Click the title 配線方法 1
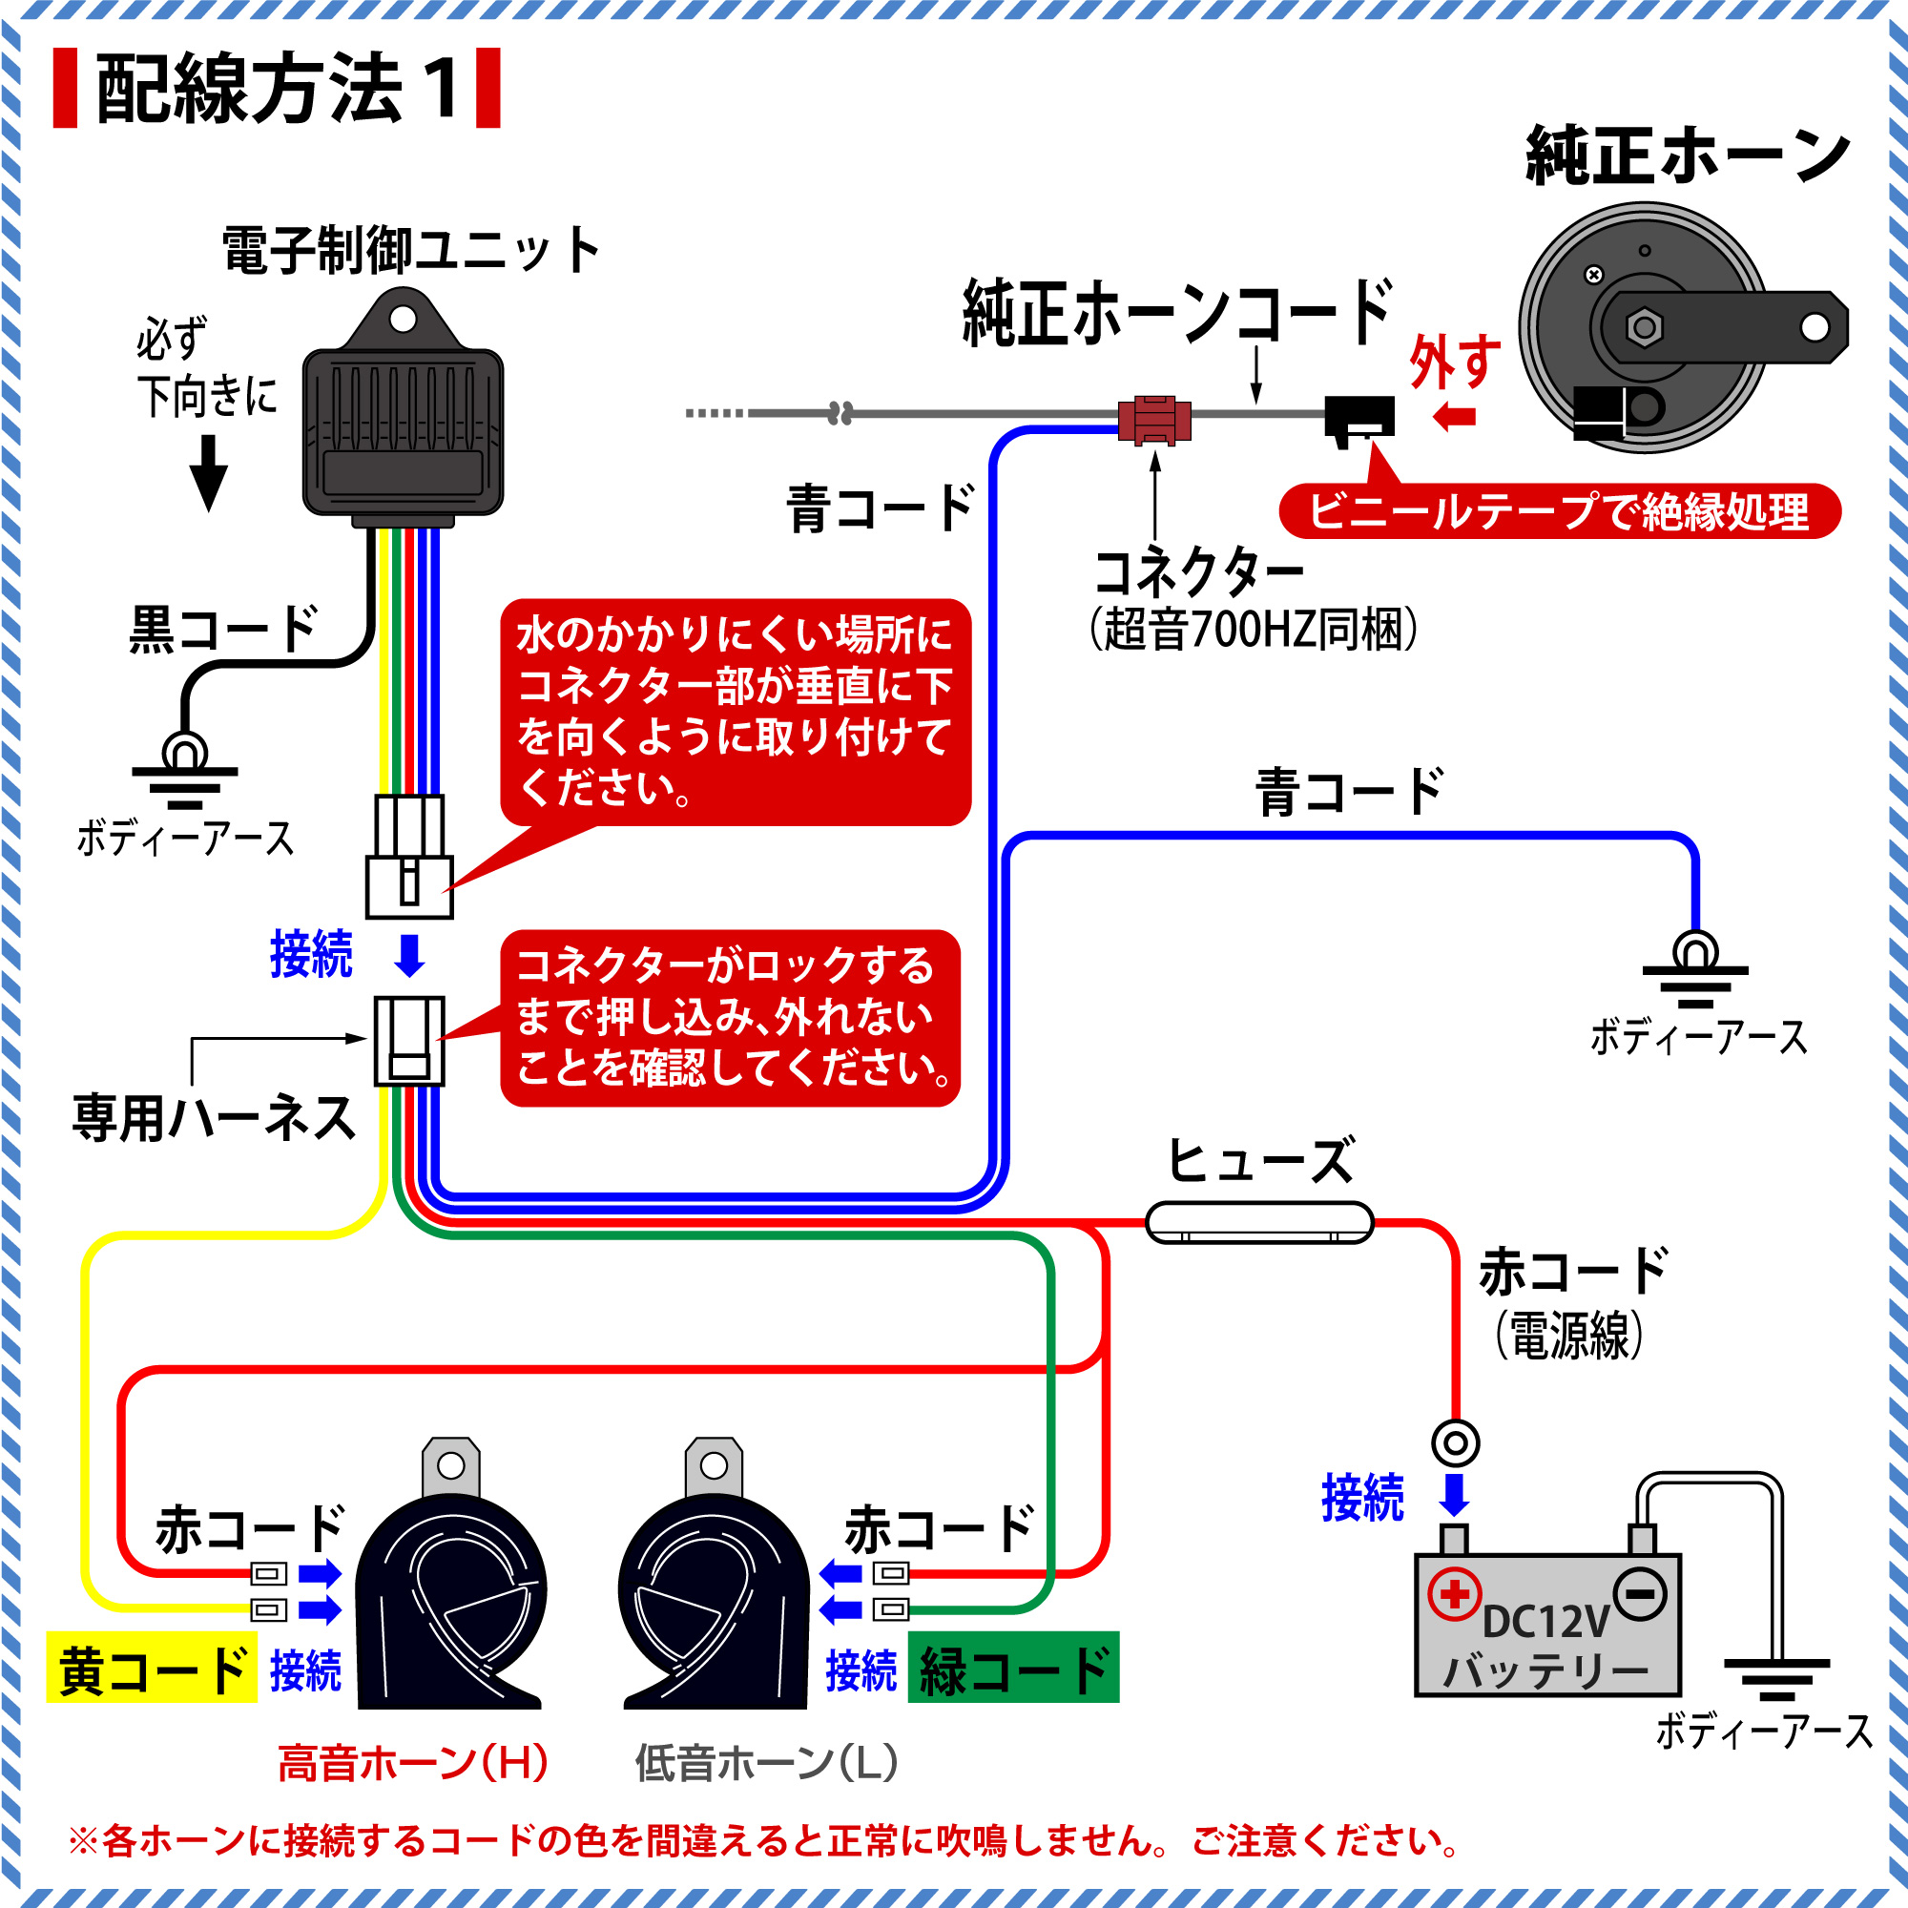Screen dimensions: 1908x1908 point(277,89)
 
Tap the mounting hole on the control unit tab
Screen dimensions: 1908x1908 point(403,319)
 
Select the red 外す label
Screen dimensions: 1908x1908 point(1455,363)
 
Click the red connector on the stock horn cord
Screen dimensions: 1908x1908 point(1153,420)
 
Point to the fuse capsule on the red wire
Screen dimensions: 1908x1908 point(1259,1223)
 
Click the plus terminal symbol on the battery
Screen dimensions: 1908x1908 point(1454,1594)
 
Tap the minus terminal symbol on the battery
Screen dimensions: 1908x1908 point(1640,1594)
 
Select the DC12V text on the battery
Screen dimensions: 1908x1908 point(1545,1623)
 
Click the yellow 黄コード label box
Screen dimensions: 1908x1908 point(152,1670)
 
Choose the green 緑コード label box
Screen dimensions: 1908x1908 point(1013,1670)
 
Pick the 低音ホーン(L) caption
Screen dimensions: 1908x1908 point(766,1763)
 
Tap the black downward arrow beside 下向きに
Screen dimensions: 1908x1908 point(208,473)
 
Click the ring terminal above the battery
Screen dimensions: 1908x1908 point(1456,1443)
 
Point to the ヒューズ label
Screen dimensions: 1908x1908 point(1261,1160)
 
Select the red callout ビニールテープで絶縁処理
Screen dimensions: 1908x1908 point(1560,511)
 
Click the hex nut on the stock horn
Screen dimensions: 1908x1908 point(1645,328)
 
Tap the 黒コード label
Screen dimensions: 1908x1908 point(223,629)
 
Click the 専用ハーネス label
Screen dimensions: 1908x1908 point(215,1119)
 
